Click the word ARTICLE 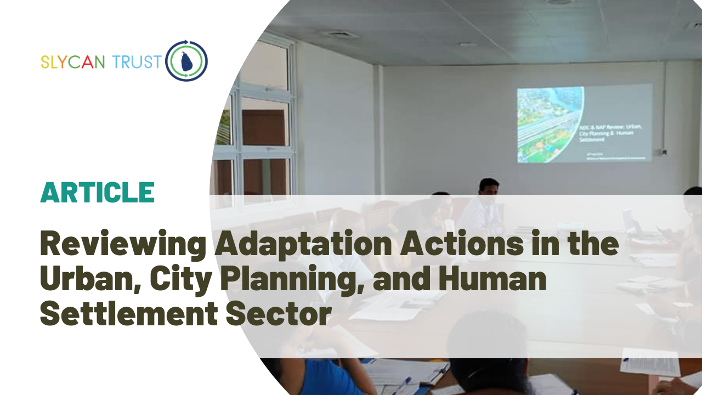[x=97, y=193]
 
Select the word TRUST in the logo [x=135, y=62]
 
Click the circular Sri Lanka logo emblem [x=186, y=61]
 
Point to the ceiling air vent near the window [x=340, y=34]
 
